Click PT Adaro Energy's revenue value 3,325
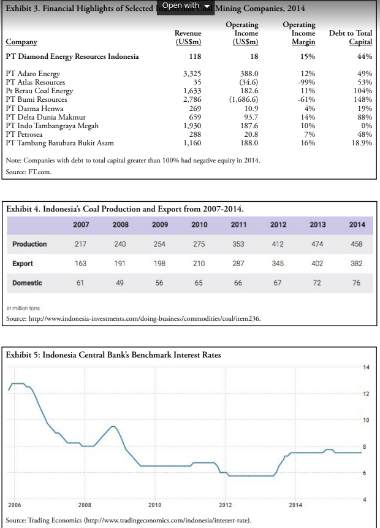[x=192, y=74]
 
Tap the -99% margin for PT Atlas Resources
[x=306, y=82]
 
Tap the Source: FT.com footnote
[x=29, y=172]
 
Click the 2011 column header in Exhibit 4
[x=238, y=224]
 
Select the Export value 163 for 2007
[x=80, y=264]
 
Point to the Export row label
[x=23, y=264]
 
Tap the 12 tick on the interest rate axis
[x=365, y=393]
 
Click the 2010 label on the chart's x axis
[x=154, y=504]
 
